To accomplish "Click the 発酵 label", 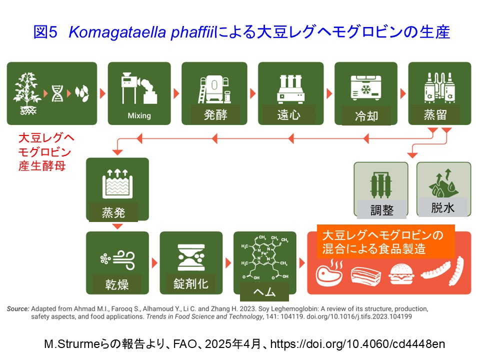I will tap(216, 115).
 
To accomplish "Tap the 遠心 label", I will tap(288, 115).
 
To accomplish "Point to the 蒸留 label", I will tap(434, 115).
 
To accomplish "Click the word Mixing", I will tap(139, 115).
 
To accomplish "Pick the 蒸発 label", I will tap(113, 213).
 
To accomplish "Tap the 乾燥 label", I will tap(116, 285).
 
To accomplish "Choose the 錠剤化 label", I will tap(191, 284).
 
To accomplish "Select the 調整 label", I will tap(382, 210).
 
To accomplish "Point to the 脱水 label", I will tap(442, 207).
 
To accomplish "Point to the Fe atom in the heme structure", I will tap(265, 253).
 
